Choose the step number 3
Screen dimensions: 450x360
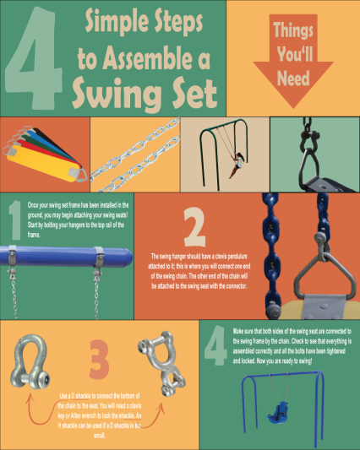coord(100,361)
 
